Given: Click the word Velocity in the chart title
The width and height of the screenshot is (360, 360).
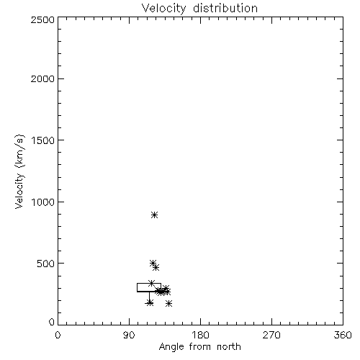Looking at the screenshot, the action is tap(164, 8).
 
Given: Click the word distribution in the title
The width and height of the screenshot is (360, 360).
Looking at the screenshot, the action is tap(225, 8).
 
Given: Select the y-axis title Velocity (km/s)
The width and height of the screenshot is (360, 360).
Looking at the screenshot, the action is tap(19, 171).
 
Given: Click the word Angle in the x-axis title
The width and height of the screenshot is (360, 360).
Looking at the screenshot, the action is tap(171, 347).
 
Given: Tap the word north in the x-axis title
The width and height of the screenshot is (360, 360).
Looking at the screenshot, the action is tap(229, 346).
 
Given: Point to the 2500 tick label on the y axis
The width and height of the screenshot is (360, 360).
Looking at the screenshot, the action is tap(42, 19).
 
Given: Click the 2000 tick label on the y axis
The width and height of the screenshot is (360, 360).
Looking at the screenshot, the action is tap(42, 78).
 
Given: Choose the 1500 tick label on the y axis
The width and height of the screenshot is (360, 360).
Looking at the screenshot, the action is tap(43, 140).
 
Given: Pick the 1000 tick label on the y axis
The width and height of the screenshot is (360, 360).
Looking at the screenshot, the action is tap(43, 202).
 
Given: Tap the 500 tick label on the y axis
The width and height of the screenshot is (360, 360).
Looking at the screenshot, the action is tap(46, 264).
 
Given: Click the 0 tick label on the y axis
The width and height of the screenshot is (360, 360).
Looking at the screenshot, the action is tap(52, 322).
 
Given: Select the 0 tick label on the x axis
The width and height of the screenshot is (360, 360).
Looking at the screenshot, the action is tap(58, 335).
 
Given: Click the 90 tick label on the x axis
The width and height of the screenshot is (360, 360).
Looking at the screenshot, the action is tap(129, 335).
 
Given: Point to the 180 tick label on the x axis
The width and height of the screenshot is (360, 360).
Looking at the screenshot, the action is tap(200, 335).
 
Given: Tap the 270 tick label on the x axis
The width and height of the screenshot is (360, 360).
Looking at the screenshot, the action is tap(271, 335).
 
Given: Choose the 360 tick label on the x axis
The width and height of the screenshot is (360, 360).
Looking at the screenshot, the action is tap(343, 335).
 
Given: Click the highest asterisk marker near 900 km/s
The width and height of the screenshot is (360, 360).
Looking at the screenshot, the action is tap(155, 215).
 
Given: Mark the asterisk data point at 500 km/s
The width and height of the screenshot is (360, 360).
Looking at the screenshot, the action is tap(153, 264).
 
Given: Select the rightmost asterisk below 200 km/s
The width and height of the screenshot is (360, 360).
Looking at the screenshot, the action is tap(168, 304).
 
